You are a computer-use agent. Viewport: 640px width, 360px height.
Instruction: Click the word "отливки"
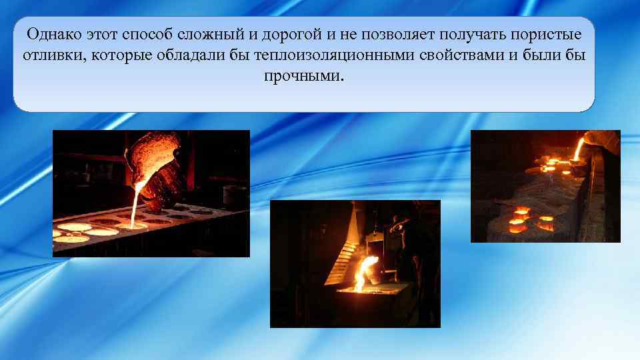coord(50,55)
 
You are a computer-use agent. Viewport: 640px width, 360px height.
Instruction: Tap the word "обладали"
coord(189,55)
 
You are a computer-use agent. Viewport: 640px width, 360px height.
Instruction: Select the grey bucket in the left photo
coord(234,195)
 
